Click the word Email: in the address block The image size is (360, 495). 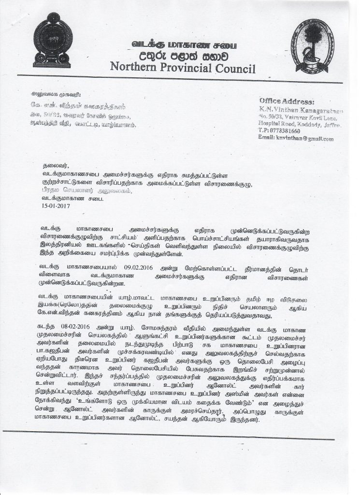pos(269,139)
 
